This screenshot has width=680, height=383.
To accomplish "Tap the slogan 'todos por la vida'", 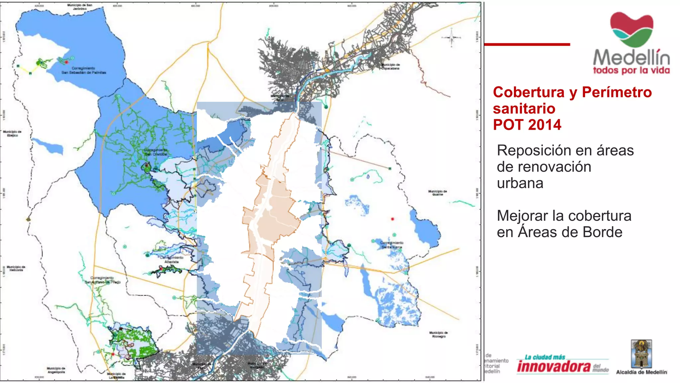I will [x=631, y=70].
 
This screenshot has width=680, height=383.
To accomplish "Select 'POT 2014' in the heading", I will [x=527, y=125].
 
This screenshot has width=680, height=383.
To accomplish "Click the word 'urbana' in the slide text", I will [x=520, y=183].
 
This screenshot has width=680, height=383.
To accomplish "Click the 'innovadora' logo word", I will [x=553, y=366].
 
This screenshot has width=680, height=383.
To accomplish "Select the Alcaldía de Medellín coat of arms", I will [x=641, y=353].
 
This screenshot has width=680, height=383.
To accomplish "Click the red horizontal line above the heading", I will [x=527, y=44].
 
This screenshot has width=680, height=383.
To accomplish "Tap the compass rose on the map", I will [x=451, y=38].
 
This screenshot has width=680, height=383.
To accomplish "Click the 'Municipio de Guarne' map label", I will [x=437, y=193].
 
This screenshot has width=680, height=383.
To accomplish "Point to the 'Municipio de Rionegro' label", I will [x=438, y=334].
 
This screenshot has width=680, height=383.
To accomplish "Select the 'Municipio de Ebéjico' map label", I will [x=12, y=134].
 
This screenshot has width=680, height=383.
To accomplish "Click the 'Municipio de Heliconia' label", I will [x=16, y=268].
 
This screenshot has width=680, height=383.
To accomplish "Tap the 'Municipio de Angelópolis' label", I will [x=56, y=370].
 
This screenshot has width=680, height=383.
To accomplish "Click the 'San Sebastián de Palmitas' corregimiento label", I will [x=84, y=70].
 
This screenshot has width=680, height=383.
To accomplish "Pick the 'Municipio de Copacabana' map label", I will [x=390, y=66].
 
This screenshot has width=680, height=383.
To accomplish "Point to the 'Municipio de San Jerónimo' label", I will [x=80, y=7].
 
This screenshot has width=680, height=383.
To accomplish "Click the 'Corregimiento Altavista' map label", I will [x=171, y=260].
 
